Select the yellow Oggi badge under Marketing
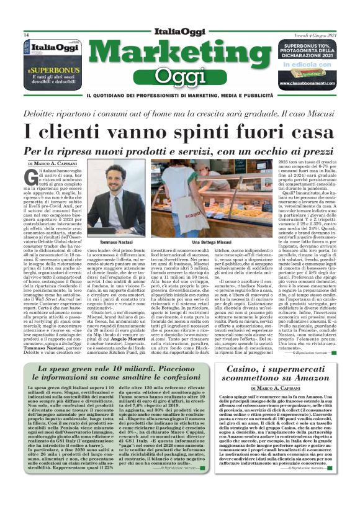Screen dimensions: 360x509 pos(181,76)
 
